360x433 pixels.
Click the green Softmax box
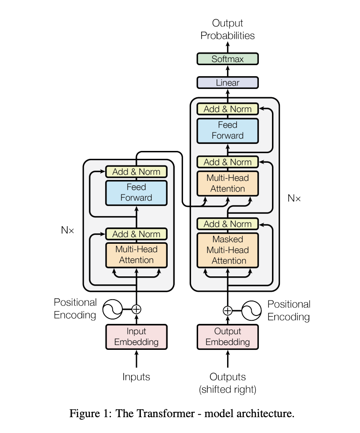[227, 59]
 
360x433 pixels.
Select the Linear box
[227, 83]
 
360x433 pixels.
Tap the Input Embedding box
[136, 337]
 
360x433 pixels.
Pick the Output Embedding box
[227, 337]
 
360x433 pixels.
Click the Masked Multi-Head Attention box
[227, 250]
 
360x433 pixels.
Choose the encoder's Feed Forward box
[136, 192]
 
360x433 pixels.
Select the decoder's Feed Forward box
[227, 130]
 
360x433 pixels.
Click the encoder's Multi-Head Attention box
[136, 254]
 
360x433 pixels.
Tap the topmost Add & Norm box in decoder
[227, 109]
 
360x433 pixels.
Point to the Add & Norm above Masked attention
[227, 224]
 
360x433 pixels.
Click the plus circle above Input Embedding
[136, 309]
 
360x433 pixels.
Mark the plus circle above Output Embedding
[227, 310]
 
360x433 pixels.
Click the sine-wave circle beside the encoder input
[112, 309]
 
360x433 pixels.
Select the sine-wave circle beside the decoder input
[252, 310]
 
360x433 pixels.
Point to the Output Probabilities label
[227, 29]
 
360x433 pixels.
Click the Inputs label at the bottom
[136, 377]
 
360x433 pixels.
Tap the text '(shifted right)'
[227, 389]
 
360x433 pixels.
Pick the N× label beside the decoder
[294, 198]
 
